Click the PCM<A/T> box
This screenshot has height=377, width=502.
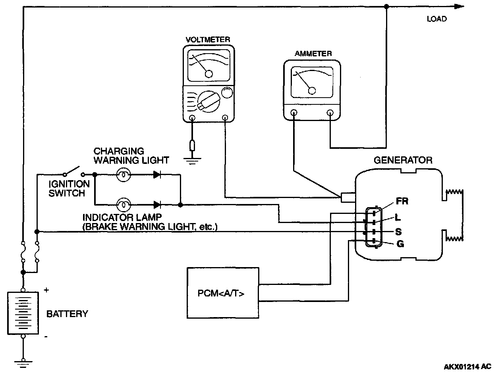[x=223, y=293]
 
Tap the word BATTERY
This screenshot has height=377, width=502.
[x=67, y=314]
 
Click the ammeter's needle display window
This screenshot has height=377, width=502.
[x=312, y=83]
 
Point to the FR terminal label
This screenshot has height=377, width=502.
[x=402, y=201]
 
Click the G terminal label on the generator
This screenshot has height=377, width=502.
[x=400, y=244]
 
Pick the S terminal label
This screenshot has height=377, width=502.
[x=398, y=231]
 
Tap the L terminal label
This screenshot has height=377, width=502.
[x=398, y=217]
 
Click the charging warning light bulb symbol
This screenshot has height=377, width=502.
[x=124, y=175]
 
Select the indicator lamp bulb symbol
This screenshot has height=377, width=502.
[x=124, y=205]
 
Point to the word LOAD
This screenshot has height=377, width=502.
[x=436, y=19]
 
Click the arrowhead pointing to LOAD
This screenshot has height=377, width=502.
[x=459, y=6]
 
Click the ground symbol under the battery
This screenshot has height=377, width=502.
[x=23, y=362]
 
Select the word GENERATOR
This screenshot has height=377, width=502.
[x=403, y=160]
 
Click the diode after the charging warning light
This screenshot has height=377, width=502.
[x=157, y=175]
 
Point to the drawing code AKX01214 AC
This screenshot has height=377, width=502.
[x=467, y=366]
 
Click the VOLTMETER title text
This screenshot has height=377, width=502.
[x=208, y=40]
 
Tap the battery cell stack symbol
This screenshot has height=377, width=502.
[x=23, y=313]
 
